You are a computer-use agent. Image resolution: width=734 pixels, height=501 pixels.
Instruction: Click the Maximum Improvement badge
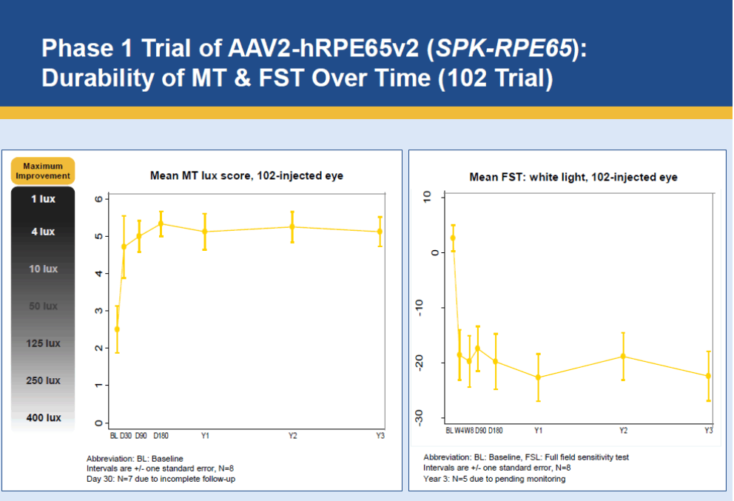point(47,171)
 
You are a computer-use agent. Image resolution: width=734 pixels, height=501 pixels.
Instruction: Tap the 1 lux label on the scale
point(43,199)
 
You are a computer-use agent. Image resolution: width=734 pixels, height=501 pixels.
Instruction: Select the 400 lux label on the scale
point(43,418)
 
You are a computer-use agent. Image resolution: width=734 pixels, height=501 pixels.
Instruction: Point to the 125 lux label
point(43,343)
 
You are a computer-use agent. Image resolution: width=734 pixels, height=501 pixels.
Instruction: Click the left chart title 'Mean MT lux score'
point(242,176)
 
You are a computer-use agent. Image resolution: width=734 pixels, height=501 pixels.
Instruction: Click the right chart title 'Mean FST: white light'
point(573,178)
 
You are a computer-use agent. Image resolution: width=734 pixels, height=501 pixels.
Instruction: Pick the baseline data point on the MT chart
point(117,329)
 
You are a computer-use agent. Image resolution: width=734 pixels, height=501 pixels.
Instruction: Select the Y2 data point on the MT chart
point(292,227)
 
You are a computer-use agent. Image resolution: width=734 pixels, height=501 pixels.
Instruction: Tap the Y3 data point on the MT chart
point(380,232)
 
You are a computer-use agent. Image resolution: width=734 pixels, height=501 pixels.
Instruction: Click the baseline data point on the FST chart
point(453,238)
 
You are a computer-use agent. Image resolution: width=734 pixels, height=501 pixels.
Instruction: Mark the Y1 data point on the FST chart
point(538,377)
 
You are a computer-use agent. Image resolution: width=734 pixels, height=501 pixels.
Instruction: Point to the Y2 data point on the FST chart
point(623,356)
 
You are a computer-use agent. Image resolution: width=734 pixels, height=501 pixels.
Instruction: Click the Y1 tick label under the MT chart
point(205,436)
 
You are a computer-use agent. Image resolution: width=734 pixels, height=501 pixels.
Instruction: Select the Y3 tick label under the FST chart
point(708,431)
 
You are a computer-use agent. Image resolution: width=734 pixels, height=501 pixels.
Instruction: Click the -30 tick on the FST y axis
point(420,417)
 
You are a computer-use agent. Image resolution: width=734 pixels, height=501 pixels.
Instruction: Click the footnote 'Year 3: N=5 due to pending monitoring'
point(494,479)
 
